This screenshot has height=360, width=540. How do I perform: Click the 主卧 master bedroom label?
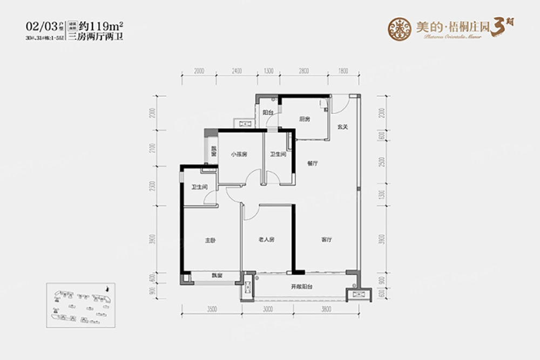coord(211,240)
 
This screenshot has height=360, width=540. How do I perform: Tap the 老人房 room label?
coord(266,240)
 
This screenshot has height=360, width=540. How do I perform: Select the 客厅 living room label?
coord(326,239)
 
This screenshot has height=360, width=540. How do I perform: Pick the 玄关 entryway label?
coord(342,128)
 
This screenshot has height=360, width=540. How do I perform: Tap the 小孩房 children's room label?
coord(239,154)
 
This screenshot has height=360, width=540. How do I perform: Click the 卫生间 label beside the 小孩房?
coord(278,154)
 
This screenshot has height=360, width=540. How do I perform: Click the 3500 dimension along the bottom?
coord(211,310)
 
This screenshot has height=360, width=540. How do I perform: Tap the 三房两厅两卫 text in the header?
coord(101,38)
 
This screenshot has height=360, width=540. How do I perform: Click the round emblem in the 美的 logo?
coord(400,28)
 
